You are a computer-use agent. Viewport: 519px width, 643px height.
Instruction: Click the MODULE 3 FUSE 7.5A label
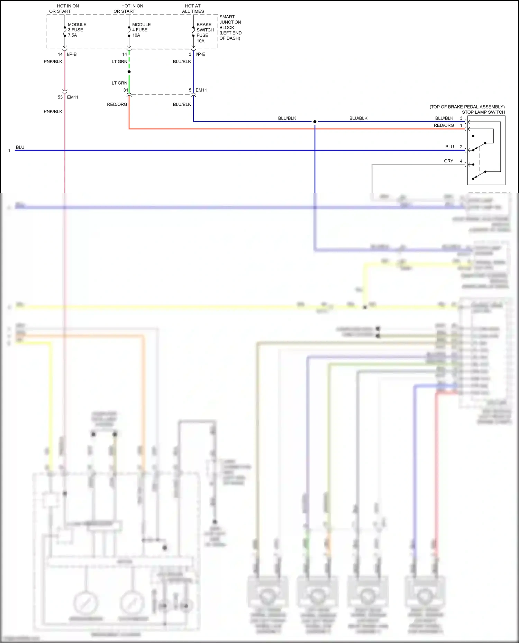coord(77,30)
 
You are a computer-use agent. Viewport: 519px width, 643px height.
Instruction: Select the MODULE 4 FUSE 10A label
coord(141,30)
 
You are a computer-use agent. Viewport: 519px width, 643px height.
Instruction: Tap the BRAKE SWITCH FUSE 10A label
coord(205,32)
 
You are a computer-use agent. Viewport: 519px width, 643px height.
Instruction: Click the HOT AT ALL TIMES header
coord(193,9)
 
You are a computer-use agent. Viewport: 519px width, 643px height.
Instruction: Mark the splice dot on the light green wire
coord(129,72)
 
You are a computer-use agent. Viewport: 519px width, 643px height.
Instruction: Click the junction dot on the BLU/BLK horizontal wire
coord(315,122)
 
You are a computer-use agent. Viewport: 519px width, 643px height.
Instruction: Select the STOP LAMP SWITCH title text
coord(483,112)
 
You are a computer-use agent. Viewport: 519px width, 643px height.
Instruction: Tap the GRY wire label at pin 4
coord(448,161)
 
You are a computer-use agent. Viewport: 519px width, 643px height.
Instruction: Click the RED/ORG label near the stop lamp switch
coord(444,125)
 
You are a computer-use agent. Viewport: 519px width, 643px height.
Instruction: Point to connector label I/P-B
coord(72,54)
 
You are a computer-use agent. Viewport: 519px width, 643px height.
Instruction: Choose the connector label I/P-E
coord(200,54)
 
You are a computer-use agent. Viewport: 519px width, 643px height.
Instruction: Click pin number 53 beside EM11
coord(60,97)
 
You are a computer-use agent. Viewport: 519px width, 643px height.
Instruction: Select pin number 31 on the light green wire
coord(126,90)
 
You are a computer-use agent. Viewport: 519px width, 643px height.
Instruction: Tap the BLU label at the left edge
coord(20,147)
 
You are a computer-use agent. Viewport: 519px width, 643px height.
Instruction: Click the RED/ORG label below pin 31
coord(117,104)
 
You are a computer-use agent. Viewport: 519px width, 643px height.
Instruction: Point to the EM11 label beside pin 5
coord(201,90)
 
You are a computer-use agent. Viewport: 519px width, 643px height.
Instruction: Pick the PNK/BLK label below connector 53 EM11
coord(53,111)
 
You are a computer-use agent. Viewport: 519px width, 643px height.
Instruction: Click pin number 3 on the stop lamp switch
coord(461,118)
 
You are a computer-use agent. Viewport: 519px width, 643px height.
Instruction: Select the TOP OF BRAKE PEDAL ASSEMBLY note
coord(467,107)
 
